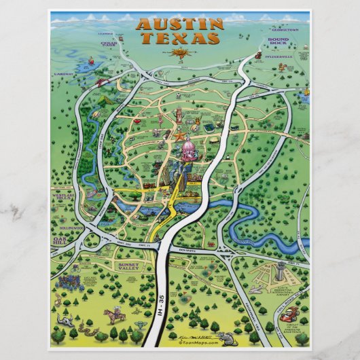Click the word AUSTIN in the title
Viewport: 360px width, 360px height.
tap(179, 25)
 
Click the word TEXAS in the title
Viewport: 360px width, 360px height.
tap(179, 39)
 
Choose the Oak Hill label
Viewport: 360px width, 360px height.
tap(62, 240)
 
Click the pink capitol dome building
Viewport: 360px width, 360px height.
tap(187, 154)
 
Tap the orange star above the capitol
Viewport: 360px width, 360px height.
tap(179, 136)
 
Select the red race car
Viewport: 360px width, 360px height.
tap(290, 314)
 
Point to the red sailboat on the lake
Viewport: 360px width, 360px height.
tap(99, 82)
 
